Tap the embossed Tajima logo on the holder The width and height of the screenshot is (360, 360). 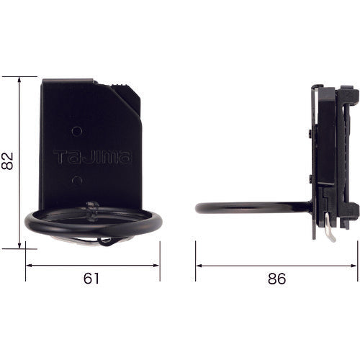click(x=92, y=155)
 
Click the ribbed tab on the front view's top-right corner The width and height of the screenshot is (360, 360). click(x=128, y=90)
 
